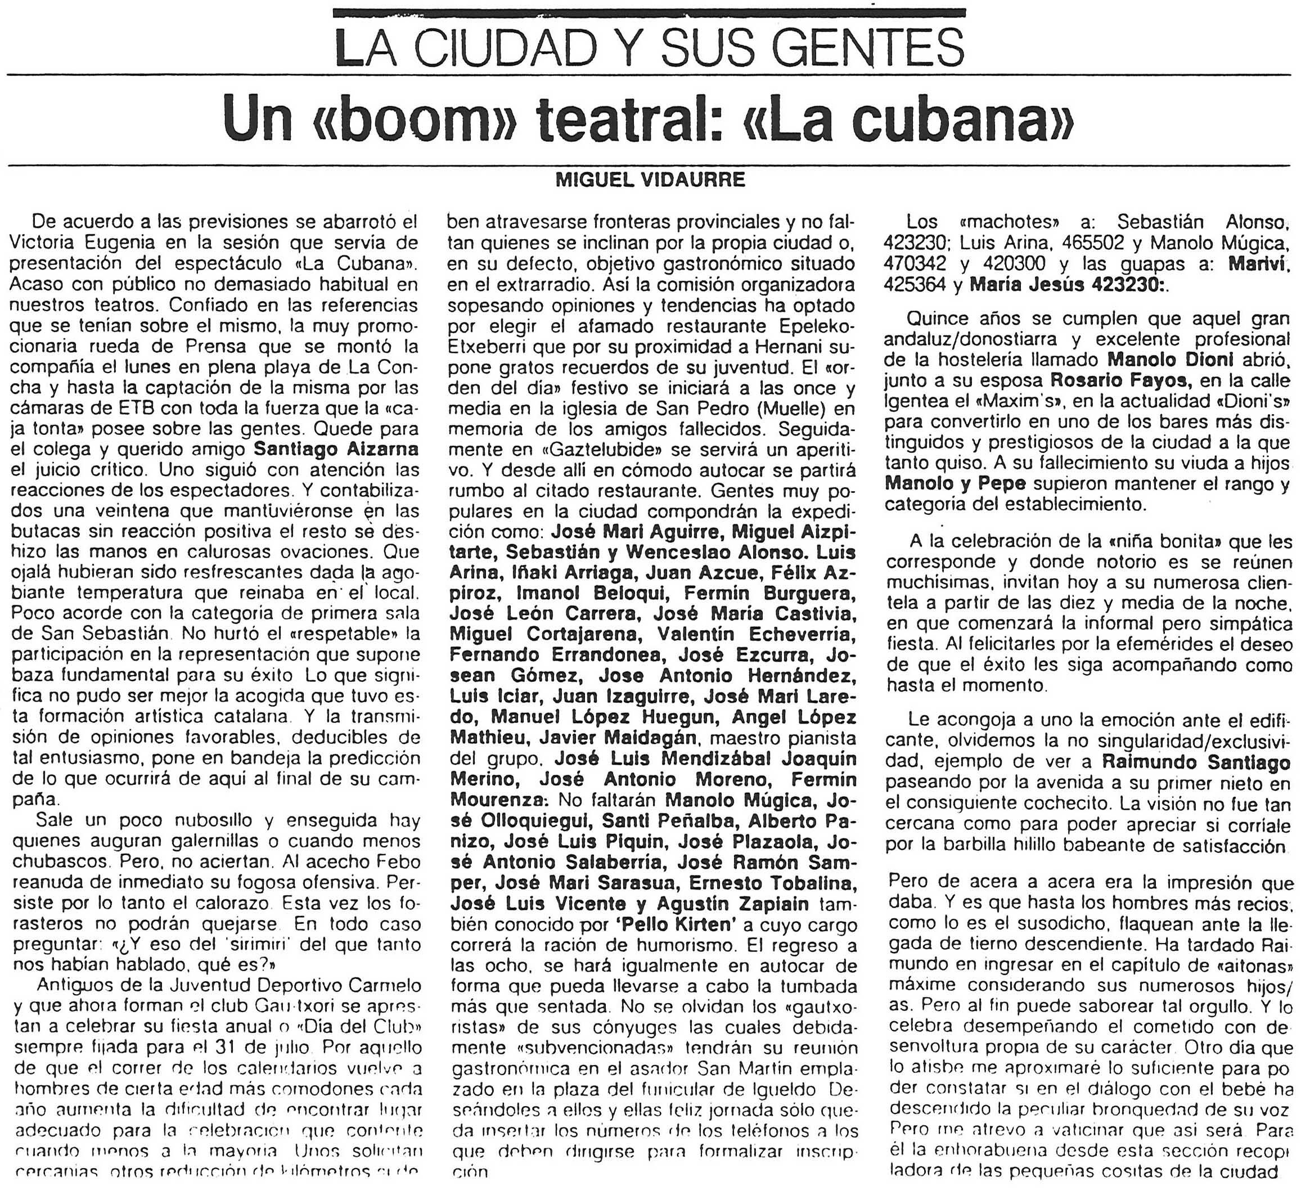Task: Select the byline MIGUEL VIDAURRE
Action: [x=650, y=180]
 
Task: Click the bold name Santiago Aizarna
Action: [x=335, y=449]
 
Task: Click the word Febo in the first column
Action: [x=398, y=861]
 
